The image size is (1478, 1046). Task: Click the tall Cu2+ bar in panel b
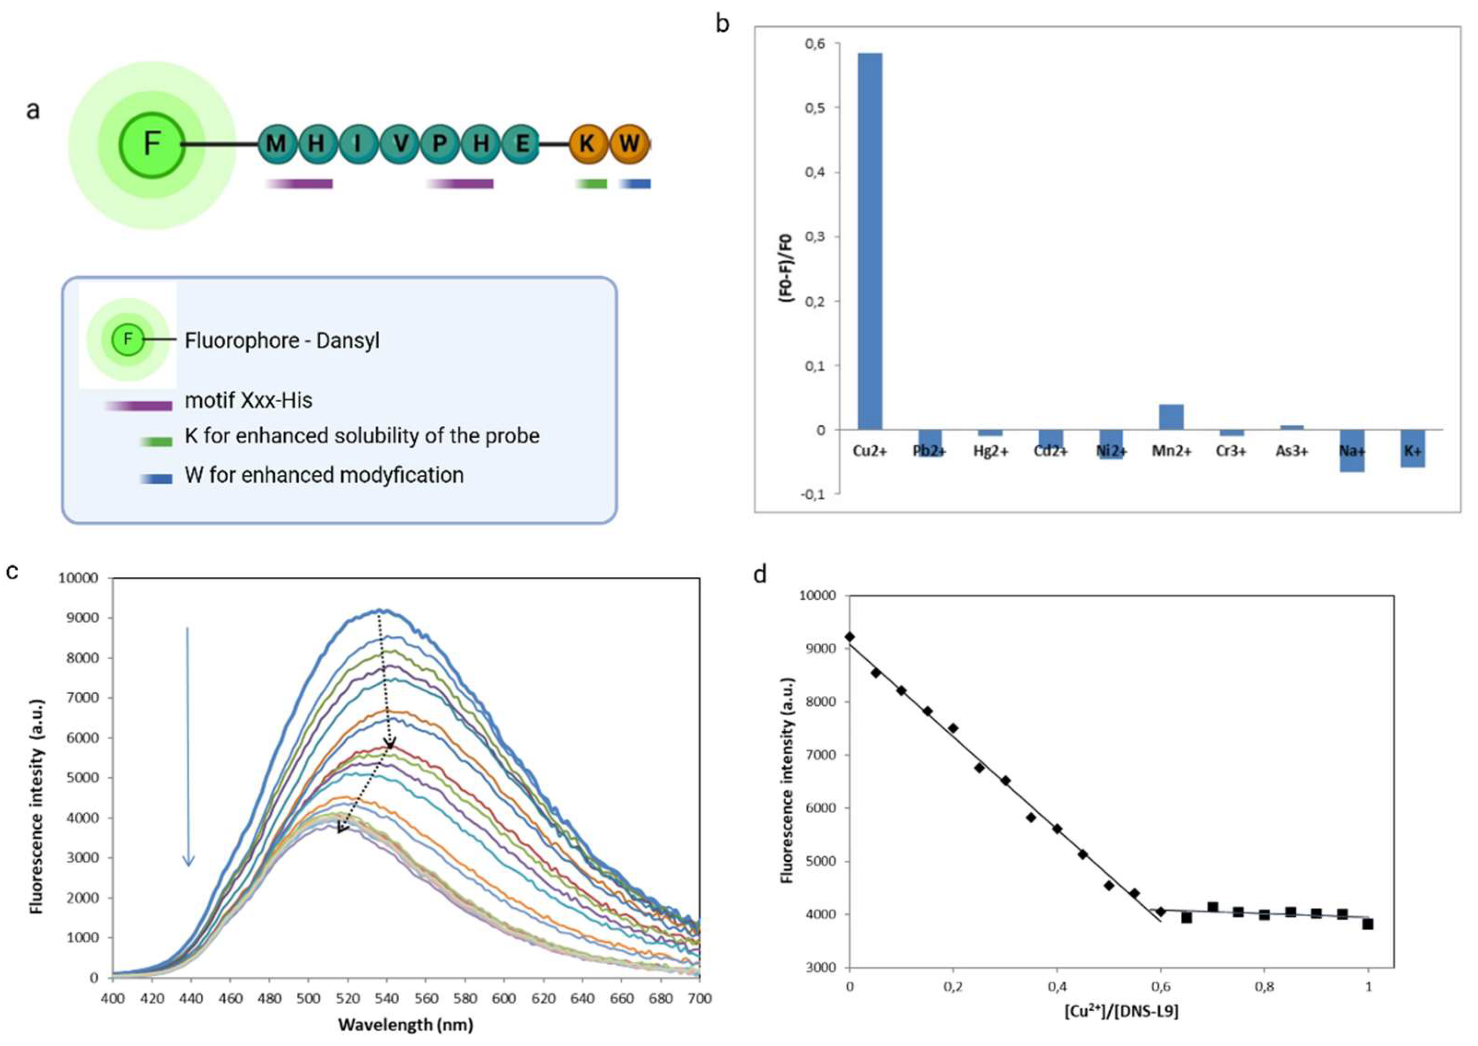click(870, 242)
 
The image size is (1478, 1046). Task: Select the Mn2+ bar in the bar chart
click(1171, 417)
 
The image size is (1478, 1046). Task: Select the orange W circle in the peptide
click(629, 143)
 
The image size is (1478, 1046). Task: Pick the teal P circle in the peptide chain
click(440, 143)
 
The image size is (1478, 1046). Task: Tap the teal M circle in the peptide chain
click(277, 143)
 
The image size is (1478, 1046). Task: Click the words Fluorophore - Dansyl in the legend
click(282, 340)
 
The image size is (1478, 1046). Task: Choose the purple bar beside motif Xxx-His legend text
click(139, 406)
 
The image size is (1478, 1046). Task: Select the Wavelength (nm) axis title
click(405, 1024)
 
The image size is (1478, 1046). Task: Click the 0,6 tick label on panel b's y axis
click(814, 44)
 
